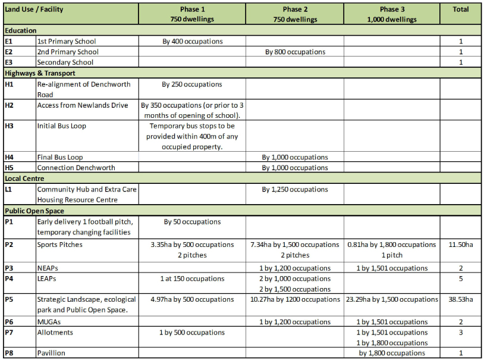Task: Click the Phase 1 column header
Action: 192,14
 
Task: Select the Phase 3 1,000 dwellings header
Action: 392,14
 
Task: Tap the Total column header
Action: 461,10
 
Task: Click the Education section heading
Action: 20,30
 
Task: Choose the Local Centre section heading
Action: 24,179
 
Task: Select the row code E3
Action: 8,62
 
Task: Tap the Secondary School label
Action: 65,62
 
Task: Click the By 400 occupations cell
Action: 192,42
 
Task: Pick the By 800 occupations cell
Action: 295,52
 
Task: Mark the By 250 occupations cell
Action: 192,84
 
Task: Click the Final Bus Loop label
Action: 60,158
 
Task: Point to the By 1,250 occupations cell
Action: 295,190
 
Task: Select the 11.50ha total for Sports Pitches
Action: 461,245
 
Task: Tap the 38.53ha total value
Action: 461,299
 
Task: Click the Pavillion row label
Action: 51,353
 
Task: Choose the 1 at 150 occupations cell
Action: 192,278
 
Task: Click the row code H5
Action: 9,168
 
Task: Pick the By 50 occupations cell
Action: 192,222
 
